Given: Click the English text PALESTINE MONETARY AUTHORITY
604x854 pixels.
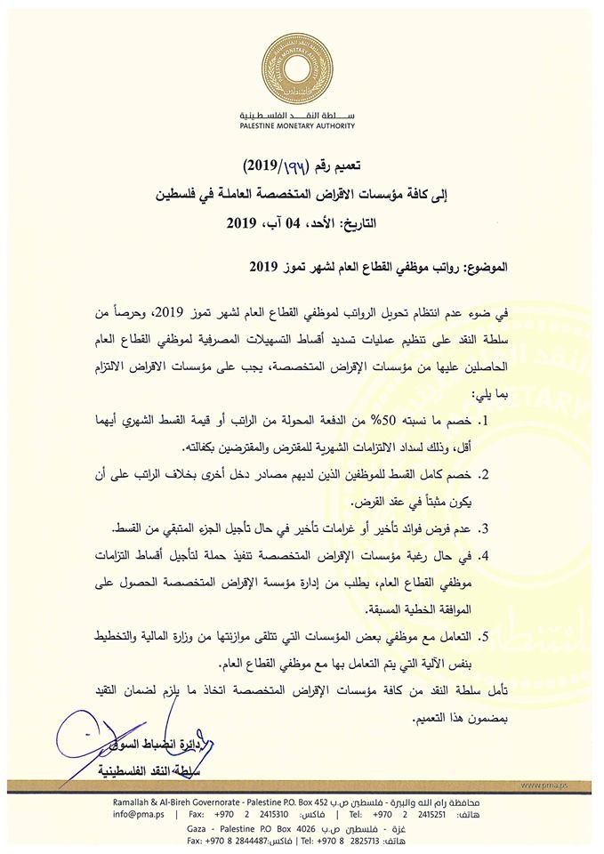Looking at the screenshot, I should tap(301, 128).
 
